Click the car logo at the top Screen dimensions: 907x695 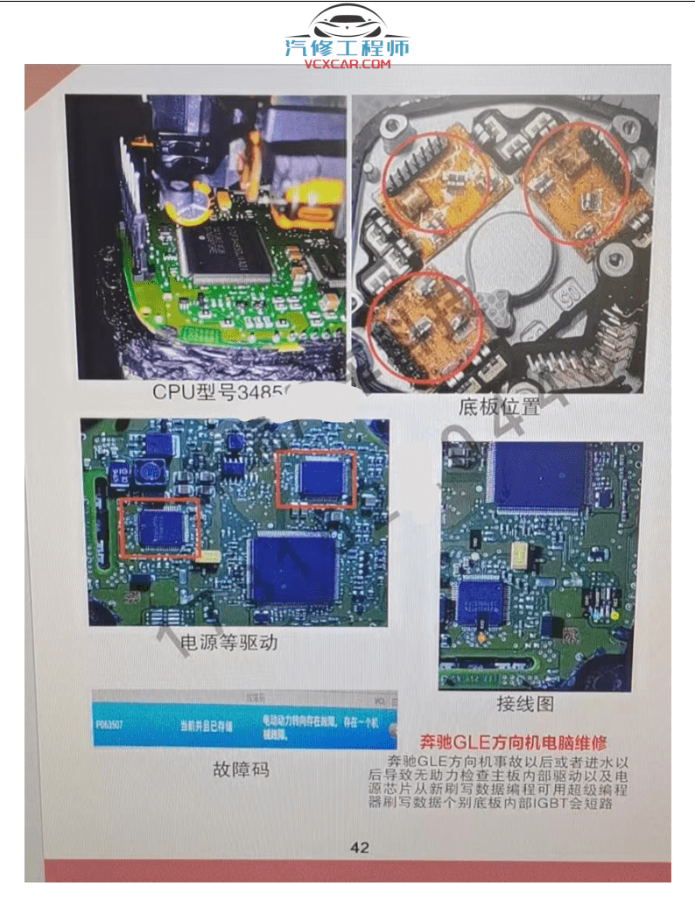(x=347, y=25)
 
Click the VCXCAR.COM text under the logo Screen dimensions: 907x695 (x=347, y=64)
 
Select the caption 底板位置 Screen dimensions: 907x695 (x=499, y=406)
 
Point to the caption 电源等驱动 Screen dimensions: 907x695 (x=228, y=643)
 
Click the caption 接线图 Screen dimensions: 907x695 (x=525, y=703)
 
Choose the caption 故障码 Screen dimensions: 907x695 (x=241, y=770)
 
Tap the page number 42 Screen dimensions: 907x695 (x=360, y=847)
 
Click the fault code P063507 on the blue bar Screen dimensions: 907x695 (x=114, y=725)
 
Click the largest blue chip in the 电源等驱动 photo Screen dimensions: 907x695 (x=292, y=569)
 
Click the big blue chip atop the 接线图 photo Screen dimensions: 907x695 (x=539, y=477)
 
